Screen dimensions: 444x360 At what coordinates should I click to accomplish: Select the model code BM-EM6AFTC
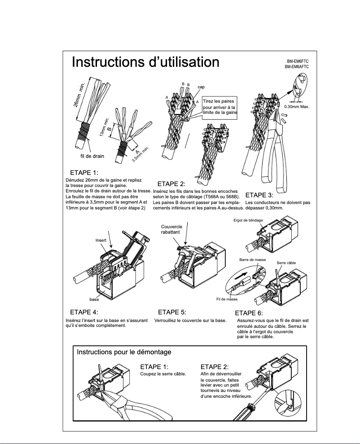click(297, 67)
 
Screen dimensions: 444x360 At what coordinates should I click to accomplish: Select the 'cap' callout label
click(201, 87)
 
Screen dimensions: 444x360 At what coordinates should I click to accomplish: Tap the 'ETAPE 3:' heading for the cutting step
click(259, 195)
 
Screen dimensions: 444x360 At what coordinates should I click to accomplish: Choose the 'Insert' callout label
click(101, 241)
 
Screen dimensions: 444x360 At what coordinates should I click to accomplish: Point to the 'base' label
click(94, 299)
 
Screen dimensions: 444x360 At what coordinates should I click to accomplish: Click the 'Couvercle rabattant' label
click(171, 229)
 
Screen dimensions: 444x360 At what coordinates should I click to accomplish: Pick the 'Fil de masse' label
click(227, 299)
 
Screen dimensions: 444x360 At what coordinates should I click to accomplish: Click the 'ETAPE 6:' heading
click(249, 313)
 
